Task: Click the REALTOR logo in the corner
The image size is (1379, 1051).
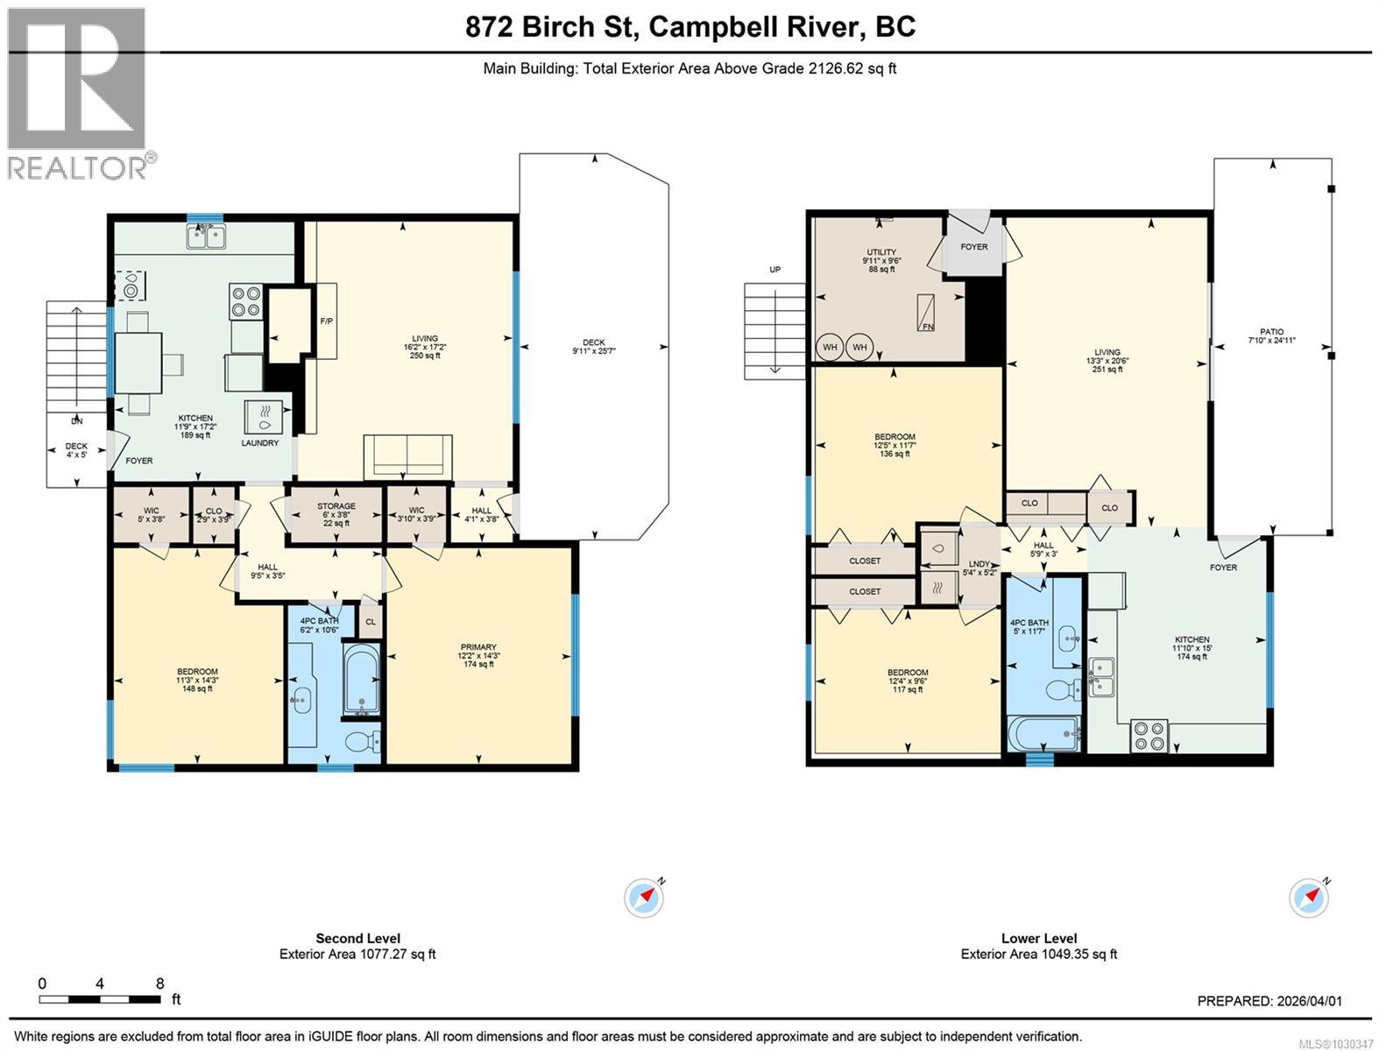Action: (77, 91)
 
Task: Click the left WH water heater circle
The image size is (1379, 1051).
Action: (830, 347)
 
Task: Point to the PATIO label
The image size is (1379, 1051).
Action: (1271, 332)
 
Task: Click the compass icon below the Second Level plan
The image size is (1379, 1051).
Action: (644, 898)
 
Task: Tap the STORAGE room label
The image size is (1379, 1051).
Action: (336, 506)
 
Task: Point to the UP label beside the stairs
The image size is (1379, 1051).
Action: (774, 270)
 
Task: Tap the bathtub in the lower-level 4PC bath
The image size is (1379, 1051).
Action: (1045, 732)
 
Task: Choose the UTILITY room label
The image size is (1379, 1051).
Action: (881, 252)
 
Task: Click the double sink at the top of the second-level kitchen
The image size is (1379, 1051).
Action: (206, 236)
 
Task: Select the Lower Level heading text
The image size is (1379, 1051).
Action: (1038, 938)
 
